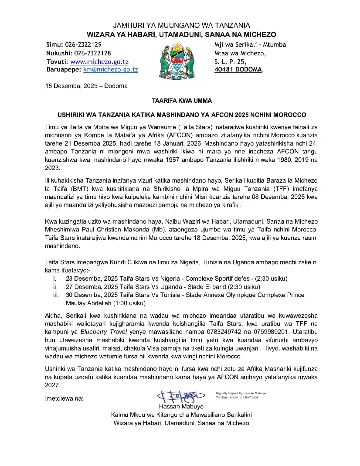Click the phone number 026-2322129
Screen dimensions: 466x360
[83, 44]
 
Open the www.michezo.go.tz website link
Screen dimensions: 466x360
[99, 62]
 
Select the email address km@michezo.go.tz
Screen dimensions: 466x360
[111, 70]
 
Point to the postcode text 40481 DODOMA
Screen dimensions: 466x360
[238, 70]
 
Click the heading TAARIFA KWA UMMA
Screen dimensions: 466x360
[182, 101]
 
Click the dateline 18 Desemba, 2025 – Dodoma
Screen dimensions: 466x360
[86, 86]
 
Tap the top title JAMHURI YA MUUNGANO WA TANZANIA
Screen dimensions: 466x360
[181, 26]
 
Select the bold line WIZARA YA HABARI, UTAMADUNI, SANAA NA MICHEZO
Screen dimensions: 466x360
[181, 34]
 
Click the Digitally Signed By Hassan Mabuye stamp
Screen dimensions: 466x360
[241, 395]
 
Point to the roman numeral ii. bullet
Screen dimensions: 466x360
[55, 287]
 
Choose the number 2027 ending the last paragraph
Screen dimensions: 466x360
[52, 385]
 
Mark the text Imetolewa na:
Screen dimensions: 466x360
[64, 398]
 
